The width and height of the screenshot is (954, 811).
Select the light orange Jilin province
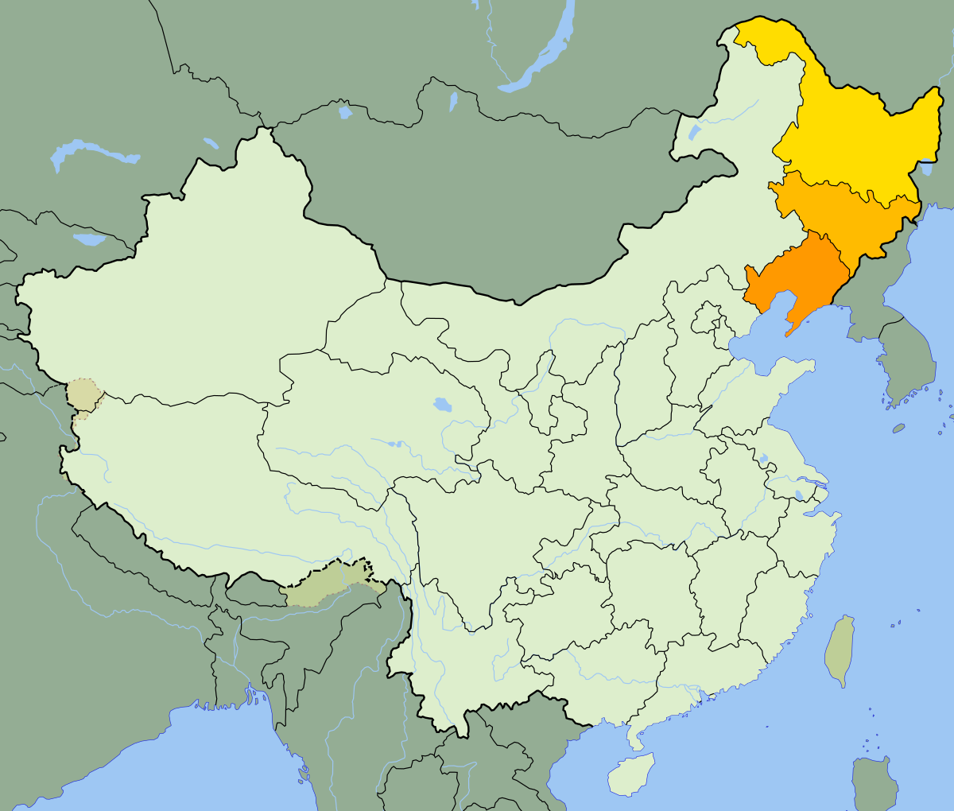point(843,215)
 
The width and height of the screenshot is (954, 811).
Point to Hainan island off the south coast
point(631,774)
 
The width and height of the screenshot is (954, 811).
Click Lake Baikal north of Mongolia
point(541,56)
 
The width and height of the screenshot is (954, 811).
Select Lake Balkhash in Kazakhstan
point(91,151)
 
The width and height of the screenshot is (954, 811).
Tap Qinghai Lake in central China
point(442,405)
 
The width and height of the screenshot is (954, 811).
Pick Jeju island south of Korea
point(898,428)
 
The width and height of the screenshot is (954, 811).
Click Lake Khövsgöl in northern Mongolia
point(453,102)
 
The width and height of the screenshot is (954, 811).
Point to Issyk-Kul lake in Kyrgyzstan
point(89,239)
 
